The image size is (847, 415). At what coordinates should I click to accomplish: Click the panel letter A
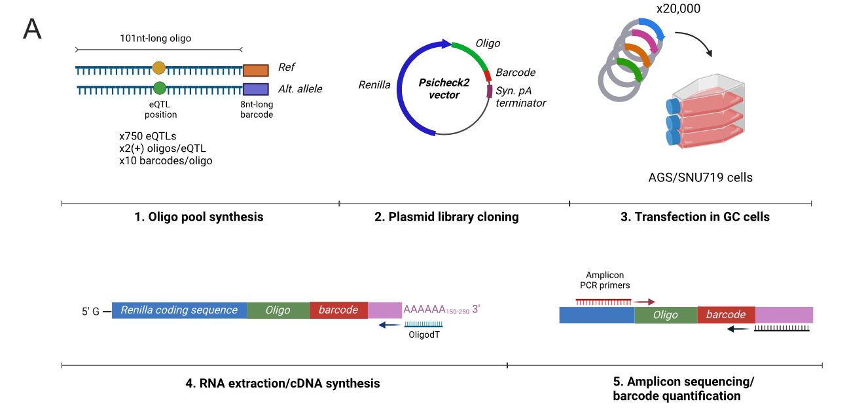pyautogui.click(x=32, y=29)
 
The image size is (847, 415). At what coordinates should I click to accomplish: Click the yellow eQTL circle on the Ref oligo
pyautogui.click(x=159, y=67)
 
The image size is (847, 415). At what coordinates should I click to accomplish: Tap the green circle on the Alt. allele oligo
pyautogui.click(x=159, y=88)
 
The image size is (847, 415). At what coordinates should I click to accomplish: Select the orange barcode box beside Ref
pyautogui.click(x=255, y=71)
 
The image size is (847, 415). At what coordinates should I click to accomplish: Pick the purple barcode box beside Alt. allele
pyautogui.click(x=255, y=89)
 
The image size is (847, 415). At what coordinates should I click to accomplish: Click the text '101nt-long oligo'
pyautogui.click(x=156, y=39)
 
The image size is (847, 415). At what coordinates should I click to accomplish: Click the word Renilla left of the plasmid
pyautogui.click(x=374, y=84)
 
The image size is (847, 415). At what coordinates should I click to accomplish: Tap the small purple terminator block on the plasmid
pyautogui.click(x=489, y=91)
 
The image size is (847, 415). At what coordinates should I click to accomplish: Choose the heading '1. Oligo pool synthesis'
pyautogui.click(x=199, y=217)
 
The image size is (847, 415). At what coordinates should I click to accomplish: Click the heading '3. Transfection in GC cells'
pyautogui.click(x=695, y=217)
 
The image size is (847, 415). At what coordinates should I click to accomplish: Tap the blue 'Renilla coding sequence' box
pyautogui.click(x=179, y=310)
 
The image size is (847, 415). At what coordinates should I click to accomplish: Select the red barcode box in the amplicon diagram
pyautogui.click(x=726, y=315)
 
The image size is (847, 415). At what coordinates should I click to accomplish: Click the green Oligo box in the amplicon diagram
pyautogui.click(x=666, y=315)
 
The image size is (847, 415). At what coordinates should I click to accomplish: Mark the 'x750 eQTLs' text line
pyautogui.click(x=148, y=136)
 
